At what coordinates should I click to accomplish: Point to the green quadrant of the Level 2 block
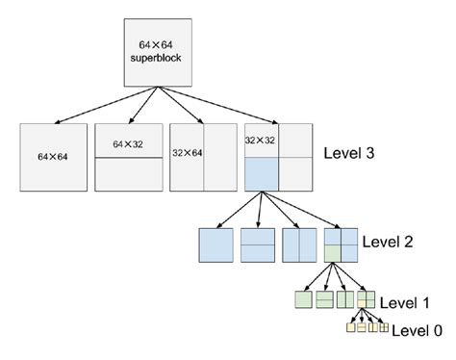[333, 254]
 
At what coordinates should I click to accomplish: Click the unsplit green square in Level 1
[302, 299]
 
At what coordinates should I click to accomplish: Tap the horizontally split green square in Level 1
[323, 299]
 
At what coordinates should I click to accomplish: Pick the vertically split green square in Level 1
[344, 299]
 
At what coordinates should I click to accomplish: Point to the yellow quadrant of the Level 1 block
[362, 304]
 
